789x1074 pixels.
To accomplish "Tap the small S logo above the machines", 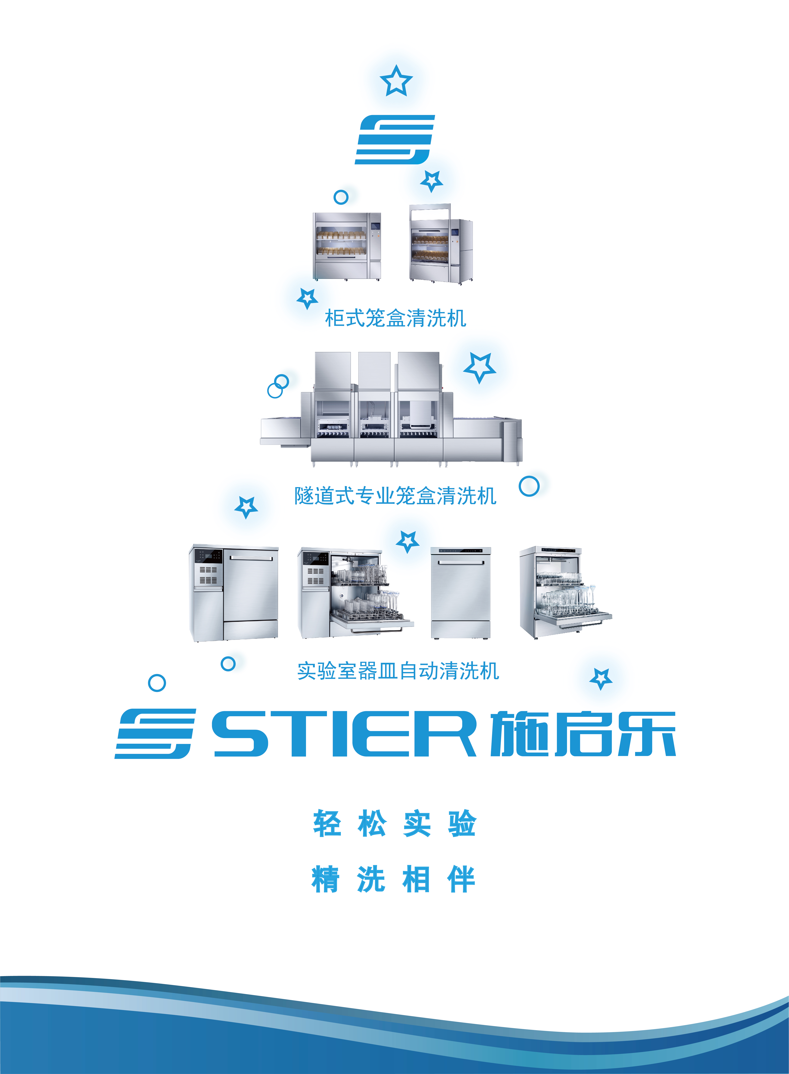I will [x=394, y=139].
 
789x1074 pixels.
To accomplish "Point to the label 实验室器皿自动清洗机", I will [x=398, y=671].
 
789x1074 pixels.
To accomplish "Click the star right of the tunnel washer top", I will [x=480, y=367].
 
